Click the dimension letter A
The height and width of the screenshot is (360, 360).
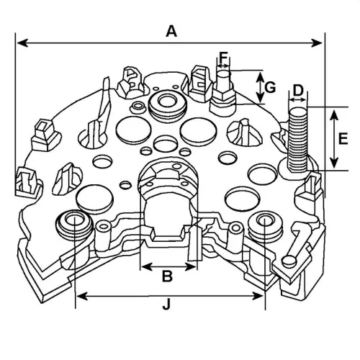pyautogui.click(x=171, y=32)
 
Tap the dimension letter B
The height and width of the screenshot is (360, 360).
pyautogui.click(x=167, y=276)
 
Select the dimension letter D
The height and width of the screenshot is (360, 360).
pyautogui.click(x=298, y=90)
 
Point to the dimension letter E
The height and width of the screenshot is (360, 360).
pyautogui.click(x=343, y=138)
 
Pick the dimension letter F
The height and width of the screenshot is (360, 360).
pyautogui.click(x=223, y=58)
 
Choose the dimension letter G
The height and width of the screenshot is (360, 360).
pyautogui.click(x=270, y=87)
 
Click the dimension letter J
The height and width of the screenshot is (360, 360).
pyautogui.click(x=166, y=305)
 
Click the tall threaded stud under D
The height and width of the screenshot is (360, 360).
pyautogui.click(x=298, y=139)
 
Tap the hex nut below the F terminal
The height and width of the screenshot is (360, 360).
pyautogui.click(x=223, y=95)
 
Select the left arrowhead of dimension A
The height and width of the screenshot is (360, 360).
pyautogui.click(x=22, y=43)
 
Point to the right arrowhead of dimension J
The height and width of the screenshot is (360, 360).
pyautogui.click(x=258, y=297)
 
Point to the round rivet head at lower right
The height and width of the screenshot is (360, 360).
pyautogui.click(x=289, y=261)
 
